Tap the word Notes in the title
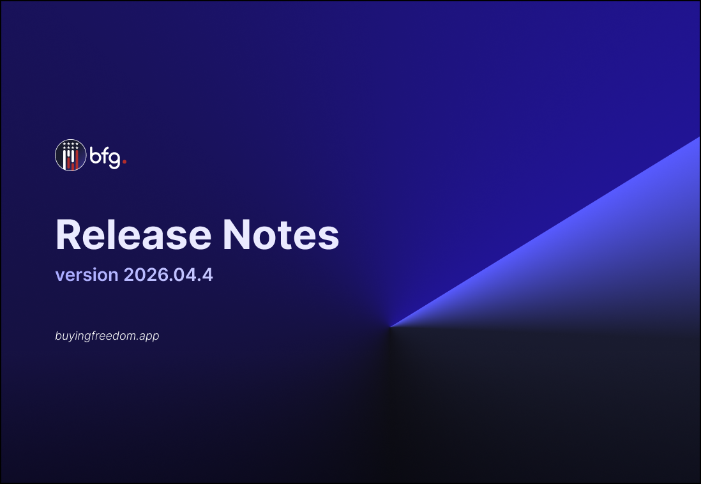[x=281, y=234]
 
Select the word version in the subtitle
[x=87, y=275]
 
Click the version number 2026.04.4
[x=168, y=275]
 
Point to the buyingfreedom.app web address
[x=107, y=336]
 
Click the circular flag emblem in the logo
[x=71, y=155]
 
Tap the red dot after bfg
[x=124, y=162]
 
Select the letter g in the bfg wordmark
[x=114, y=160]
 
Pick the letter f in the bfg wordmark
[x=105, y=155]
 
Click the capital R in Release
[x=68, y=234]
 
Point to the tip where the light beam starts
[x=390, y=327]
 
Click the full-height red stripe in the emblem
[x=77, y=160]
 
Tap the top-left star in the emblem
[x=65, y=144]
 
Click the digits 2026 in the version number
[x=143, y=275]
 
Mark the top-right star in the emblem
[x=77, y=144]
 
